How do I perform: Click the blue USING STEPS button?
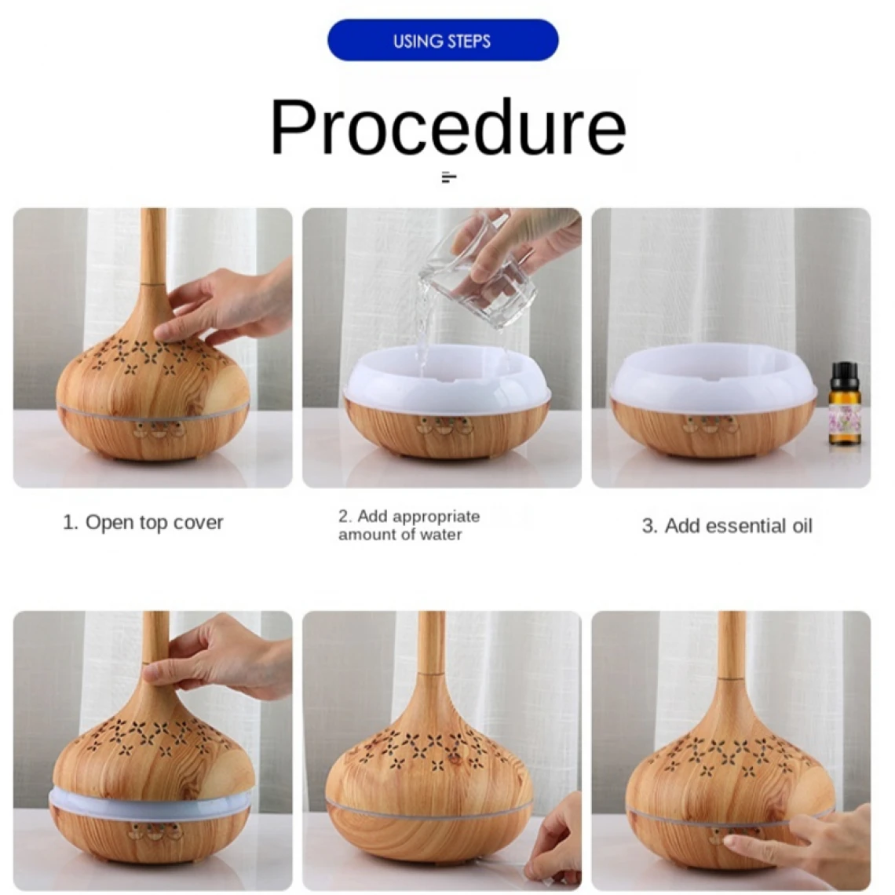[x=442, y=40]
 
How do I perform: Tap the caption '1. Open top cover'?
[x=143, y=522]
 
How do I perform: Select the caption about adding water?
[x=409, y=525]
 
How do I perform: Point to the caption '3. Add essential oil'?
[x=727, y=526]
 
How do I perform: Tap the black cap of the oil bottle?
[x=844, y=374]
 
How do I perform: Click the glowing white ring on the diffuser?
[x=152, y=804]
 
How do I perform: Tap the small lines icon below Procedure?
[x=449, y=177]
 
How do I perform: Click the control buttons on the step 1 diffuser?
[x=158, y=429]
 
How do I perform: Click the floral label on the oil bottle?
[x=843, y=419]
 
